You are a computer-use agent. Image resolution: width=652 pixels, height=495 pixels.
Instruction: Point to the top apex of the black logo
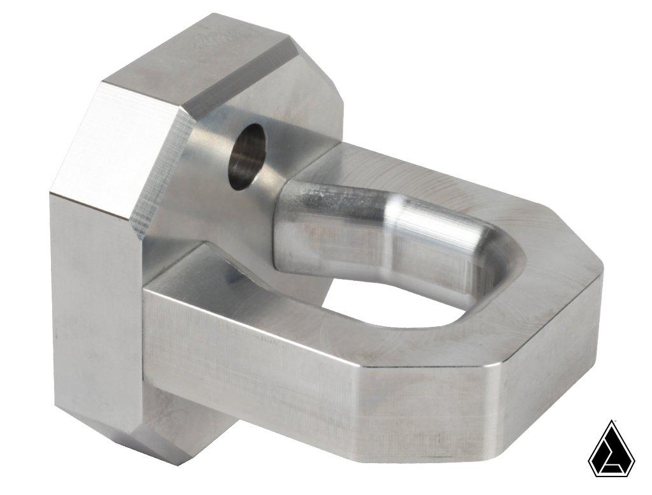click(x=612, y=422)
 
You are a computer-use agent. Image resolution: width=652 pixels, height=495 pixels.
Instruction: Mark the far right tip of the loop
click(x=599, y=271)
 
